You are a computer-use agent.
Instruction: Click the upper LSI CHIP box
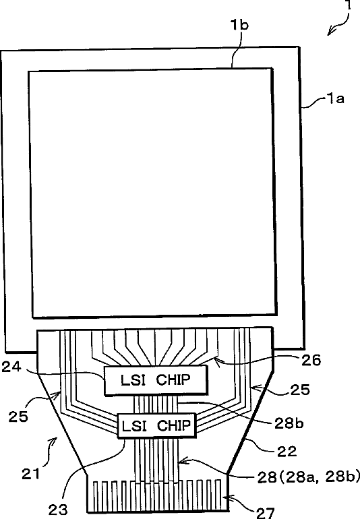tap(156, 380)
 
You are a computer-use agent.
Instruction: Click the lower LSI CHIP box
tap(157, 425)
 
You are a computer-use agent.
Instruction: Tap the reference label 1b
tap(239, 25)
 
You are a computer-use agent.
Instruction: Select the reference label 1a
tap(336, 98)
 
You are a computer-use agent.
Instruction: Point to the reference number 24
tap(11, 367)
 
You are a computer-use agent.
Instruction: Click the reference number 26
tap(311, 360)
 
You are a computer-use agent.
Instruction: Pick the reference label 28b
tap(289, 423)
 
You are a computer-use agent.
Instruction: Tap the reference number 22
tap(287, 451)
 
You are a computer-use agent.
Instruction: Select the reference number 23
tap(58, 509)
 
